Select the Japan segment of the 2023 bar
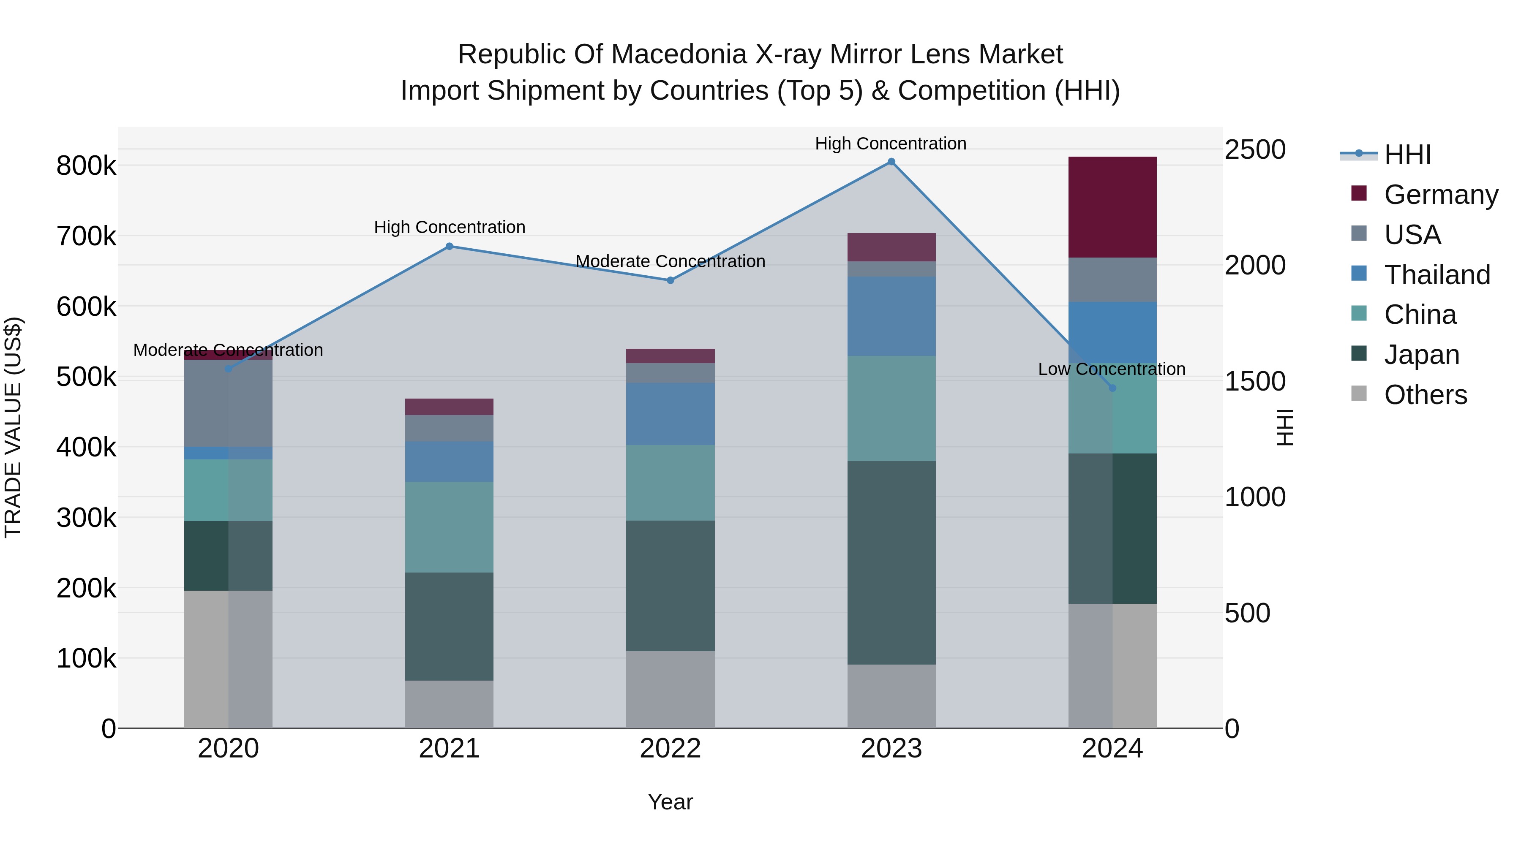(x=891, y=562)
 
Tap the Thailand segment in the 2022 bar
(x=670, y=414)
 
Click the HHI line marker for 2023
(x=891, y=162)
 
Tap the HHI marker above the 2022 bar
(x=670, y=280)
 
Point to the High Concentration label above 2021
(x=450, y=227)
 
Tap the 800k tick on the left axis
(x=86, y=166)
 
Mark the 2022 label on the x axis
(x=670, y=749)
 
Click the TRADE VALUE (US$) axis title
(x=13, y=427)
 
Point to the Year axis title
(x=670, y=802)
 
